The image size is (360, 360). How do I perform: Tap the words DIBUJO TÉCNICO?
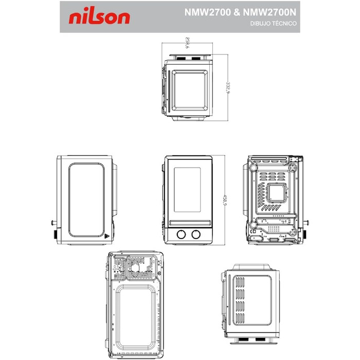tap(274, 24)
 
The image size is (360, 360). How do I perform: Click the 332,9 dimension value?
tap(226, 87)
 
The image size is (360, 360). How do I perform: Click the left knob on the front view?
tap(181, 235)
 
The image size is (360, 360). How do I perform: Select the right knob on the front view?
tap(195, 235)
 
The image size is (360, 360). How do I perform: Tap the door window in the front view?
tap(188, 190)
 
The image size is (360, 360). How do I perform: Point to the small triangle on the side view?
tap(107, 238)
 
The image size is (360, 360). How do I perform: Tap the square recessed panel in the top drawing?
tap(190, 89)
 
